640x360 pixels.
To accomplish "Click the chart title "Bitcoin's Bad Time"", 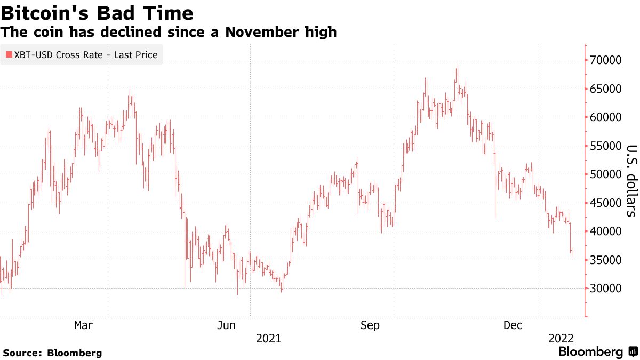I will tap(97, 12).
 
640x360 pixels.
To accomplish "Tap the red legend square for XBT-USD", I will tap(7, 54).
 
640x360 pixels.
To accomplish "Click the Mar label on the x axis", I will tap(84, 325).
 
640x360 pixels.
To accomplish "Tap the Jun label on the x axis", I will tap(227, 325).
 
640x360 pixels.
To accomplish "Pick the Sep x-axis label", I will tap(370, 325).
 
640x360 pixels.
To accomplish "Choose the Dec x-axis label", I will tap(514, 325).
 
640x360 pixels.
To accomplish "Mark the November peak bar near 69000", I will tap(457, 68).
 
